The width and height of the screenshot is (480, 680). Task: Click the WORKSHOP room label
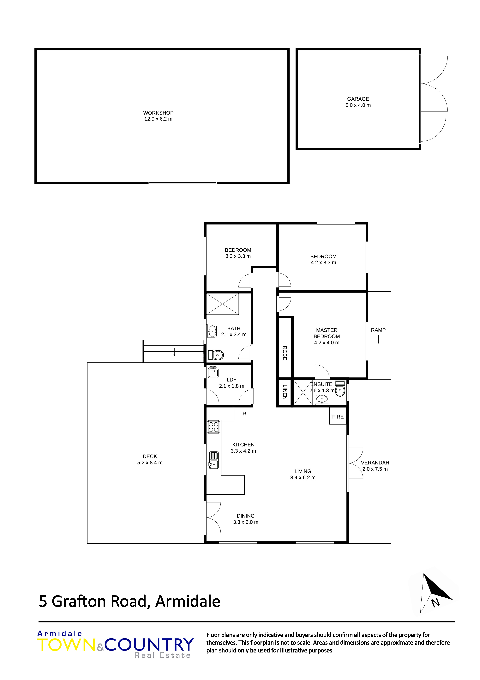coord(158,113)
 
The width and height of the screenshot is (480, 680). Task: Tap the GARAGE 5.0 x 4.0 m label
coord(358,102)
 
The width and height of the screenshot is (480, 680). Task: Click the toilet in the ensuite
coord(340,389)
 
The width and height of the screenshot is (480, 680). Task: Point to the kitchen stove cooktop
coord(213,427)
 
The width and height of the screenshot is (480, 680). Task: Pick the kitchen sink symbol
coord(213,460)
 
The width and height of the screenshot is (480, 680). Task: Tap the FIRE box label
coord(338,417)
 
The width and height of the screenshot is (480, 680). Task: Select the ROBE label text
coord(285,353)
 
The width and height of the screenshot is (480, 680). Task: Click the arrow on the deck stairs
coord(175,352)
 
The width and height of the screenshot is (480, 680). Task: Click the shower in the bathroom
coord(222,304)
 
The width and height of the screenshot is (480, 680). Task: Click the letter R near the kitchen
coord(244,414)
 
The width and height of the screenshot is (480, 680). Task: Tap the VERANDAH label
coord(375,463)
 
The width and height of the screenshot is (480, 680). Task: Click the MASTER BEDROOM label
coord(327,333)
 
